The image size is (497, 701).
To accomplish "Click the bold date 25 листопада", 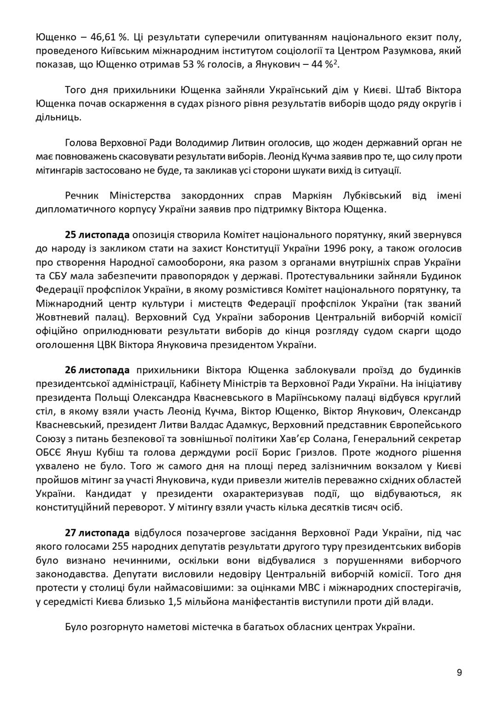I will [x=97, y=235].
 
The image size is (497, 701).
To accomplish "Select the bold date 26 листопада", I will [x=97, y=370].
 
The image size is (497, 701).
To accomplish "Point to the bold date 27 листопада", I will [x=97, y=533].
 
